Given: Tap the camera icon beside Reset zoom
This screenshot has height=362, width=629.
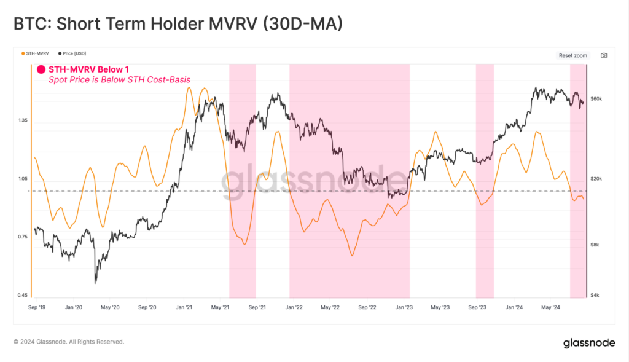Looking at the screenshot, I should click(604, 55).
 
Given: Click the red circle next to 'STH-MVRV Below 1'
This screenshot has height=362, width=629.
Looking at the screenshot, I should click(42, 69).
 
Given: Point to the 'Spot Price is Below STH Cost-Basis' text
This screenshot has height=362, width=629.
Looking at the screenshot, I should click(119, 80).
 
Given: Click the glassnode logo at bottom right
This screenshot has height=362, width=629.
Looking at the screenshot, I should click(590, 343).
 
